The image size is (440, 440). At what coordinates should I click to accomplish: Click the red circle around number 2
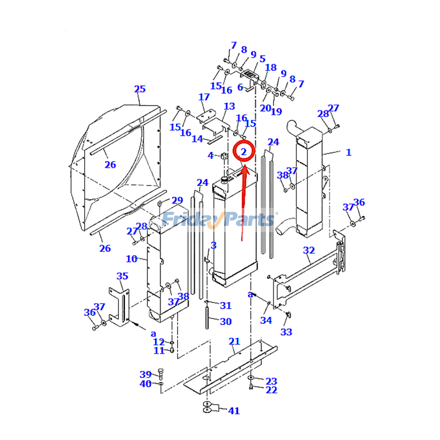click(x=244, y=151)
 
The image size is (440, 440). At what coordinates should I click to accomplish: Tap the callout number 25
click(x=140, y=89)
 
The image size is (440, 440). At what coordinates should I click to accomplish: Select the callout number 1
click(x=348, y=152)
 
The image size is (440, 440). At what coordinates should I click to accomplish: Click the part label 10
click(x=132, y=258)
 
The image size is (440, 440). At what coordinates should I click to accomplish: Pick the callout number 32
click(x=309, y=251)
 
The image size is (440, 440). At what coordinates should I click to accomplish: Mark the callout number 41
click(x=234, y=410)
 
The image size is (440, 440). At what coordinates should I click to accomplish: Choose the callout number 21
click(x=234, y=342)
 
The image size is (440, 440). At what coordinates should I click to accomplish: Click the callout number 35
click(x=122, y=276)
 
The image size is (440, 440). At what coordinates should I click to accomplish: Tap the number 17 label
click(x=204, y=97)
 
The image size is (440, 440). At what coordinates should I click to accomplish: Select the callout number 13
click(x=229, y=106)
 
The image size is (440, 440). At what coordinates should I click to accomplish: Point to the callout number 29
click(x=177, y=200)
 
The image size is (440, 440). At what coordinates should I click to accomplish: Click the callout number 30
click(x=226, y=322)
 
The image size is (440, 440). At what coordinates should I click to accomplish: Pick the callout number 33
click(x=286, y=332)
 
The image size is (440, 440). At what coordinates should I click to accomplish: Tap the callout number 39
click(x=145, y=375)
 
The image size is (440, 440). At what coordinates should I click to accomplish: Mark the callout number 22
click(x=271, y=390)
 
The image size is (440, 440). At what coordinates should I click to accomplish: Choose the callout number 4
click(x=211, y=156)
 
